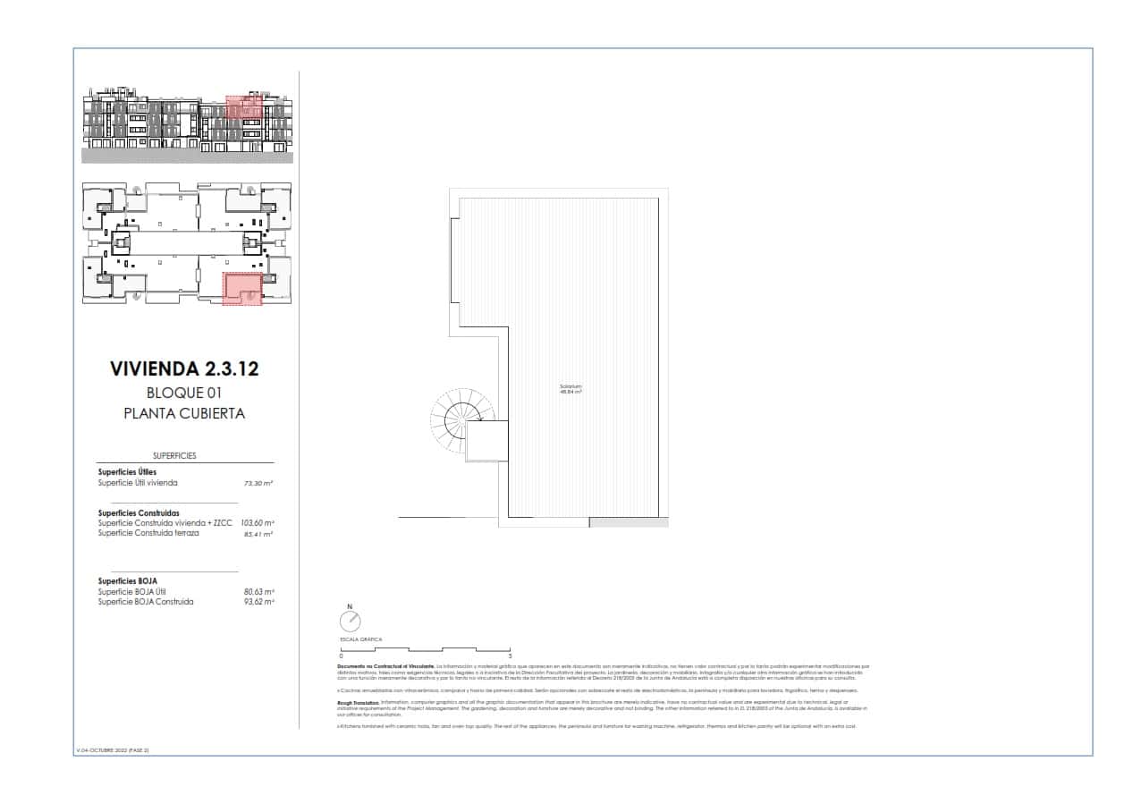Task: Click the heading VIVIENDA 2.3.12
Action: pyautogui.click(x=184, y=368)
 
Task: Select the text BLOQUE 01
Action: pyautogui.click(x=183, y=393)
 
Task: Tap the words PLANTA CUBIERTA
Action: pyautogui.click(x=184, y=413)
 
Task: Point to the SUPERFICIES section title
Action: pyautogui.click(x=174, y=455)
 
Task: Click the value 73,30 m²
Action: pyautogui.click(x=258, y=483)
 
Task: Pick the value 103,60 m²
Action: pyautogui.click(x=258, y=522)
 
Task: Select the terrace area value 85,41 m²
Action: pyautogui.click(x=258, y=533)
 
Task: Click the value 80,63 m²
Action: pyautogui.click(x=259, y=591)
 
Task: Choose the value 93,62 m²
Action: pyautogui.click(x=259, y=602)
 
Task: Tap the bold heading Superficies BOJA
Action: pyautogui.click(x=128, y=581)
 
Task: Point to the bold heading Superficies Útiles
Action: pyautogui.click(x=129, y=471)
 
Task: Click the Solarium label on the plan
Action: pyautogui.click(x=571, y=386)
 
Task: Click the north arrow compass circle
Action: pyautogui.click(x=351, y=622)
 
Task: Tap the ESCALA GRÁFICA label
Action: pyautogui.click(x=361, y=640)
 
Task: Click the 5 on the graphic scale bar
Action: pyautogui.click(x=509, y=656)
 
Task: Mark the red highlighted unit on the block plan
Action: pyautogui.click(x=242, y=289)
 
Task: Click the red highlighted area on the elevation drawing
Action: pyautogui.click(x=243, y=107)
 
